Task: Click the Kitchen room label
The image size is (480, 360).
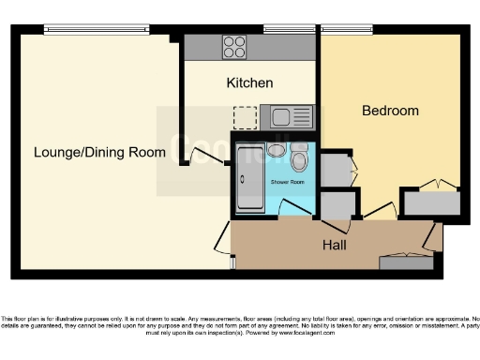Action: (249, 83)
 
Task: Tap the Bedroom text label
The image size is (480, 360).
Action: (390, 111)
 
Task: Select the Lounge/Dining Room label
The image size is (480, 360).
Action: (99, 152)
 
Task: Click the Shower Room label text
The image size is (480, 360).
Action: (288, 181)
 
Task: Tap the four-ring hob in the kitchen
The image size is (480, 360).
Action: (233, 46)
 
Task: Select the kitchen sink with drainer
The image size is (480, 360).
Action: (291, 117)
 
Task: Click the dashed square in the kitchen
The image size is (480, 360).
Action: (245, 117)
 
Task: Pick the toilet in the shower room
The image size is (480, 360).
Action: (300, 155)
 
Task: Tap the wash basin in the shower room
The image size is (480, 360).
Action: (277, 150)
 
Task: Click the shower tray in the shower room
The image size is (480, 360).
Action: (250, 178)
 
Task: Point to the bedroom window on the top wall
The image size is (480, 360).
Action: (347, 28)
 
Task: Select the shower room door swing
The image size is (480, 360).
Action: (298, 209)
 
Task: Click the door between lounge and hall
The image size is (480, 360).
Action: (221, 240)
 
